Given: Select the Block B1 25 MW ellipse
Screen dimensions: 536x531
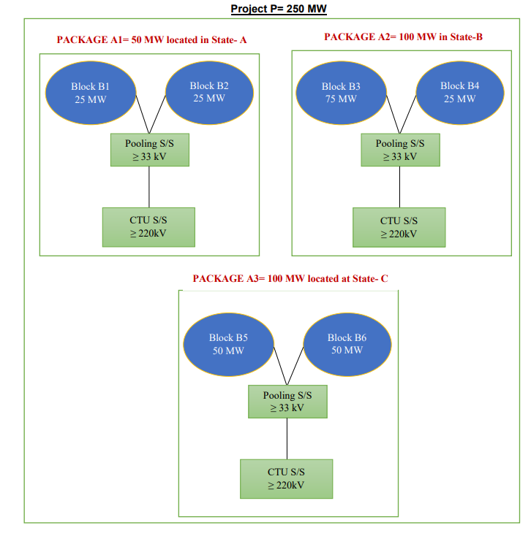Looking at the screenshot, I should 90,93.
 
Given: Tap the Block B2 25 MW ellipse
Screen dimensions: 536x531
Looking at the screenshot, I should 209,92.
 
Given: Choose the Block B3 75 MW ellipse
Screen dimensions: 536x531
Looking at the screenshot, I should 341,93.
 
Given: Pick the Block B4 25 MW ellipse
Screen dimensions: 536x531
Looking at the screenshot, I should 459,92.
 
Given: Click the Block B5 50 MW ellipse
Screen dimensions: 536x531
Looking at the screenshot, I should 227,344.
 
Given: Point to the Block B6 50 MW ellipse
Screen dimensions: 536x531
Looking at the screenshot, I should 346,344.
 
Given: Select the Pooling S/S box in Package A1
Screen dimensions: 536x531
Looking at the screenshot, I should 150,150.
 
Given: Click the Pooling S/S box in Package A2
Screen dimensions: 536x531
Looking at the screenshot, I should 400,150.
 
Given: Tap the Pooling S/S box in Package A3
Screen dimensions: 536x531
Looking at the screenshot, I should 287,402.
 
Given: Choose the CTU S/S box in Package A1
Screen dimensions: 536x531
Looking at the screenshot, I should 149,227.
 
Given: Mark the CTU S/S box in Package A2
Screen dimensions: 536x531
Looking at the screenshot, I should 399,227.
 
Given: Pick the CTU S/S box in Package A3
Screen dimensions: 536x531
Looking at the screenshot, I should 287,478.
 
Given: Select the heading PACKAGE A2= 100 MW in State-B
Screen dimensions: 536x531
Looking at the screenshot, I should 403,37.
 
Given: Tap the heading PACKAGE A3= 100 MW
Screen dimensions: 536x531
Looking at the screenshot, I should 290,278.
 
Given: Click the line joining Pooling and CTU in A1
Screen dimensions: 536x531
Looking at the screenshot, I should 149,186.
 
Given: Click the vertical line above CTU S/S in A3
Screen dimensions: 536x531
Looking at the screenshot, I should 287,438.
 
